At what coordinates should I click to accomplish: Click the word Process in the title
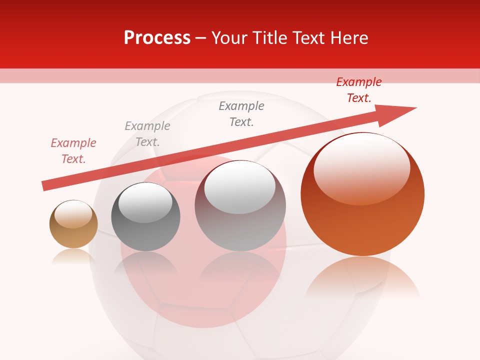[x=157, y=38]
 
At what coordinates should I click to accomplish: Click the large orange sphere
[x=362, y=220]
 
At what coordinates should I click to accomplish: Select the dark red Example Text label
[x=358, y=90]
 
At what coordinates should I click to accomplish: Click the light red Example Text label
[x=73, y=151]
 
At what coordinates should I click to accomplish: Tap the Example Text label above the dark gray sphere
[x=147, y=134]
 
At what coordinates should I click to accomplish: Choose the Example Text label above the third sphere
[x=241, y=114]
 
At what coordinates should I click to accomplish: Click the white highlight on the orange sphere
[x=361, y=167]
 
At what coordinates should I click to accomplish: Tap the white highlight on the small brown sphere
[x=73, y=214]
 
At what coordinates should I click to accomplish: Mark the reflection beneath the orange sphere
[x=362, y=277]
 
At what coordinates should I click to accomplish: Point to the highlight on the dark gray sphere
[x=145, y=202]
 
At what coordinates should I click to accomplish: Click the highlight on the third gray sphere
[x=240, y=186]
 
